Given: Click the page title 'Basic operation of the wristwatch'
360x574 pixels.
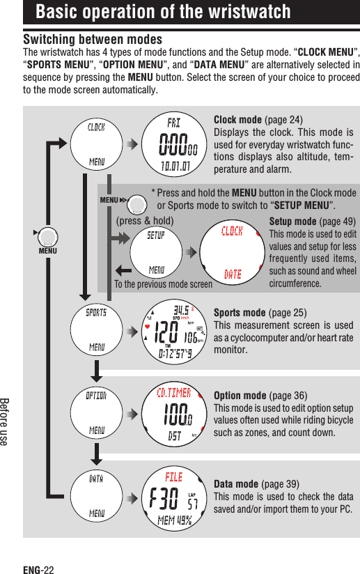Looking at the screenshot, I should point(163,13).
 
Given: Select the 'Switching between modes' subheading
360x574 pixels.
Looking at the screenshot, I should point(93,39).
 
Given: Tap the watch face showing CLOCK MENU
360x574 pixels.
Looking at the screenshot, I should point(97,144).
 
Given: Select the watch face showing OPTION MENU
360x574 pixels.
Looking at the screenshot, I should point(97,413).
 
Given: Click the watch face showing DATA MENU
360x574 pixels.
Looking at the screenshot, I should point(97,497).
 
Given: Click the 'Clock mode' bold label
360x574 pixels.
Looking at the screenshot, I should point(237,119).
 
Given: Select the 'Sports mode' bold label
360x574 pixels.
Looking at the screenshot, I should point(240,313).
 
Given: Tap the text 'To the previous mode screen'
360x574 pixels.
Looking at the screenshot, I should point(164,284).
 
